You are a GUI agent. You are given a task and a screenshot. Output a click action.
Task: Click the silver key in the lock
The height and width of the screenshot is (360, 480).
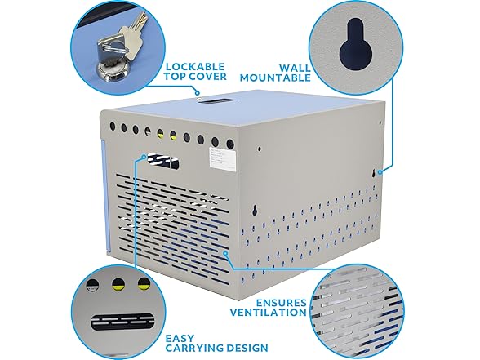(123, 32)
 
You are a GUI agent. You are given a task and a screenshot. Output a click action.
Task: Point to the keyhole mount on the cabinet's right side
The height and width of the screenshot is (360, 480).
(380, 172)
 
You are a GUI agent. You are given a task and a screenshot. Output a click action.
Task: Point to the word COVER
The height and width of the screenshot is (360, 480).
(207, 78)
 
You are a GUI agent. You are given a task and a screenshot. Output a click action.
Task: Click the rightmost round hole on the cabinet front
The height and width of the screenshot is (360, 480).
(230, 144)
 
